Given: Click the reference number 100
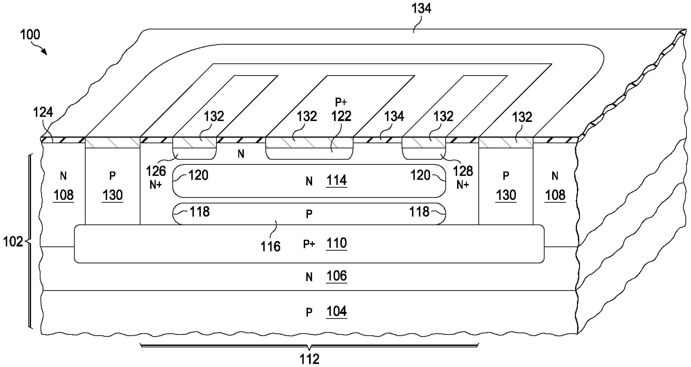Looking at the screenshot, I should coord(30,35).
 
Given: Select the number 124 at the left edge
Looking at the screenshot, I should coord(43,112).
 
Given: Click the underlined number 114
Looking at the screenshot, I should coord(337,180).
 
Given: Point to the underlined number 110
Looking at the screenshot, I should coord(337,243).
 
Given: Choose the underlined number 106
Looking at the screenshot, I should coord(337,276).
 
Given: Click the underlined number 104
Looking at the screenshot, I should coord(337,311).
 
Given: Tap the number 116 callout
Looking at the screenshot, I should coord(270,246).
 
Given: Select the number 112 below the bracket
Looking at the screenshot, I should coord(309,359).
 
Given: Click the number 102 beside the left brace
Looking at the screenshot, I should coord(13,242).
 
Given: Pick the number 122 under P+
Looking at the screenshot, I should coord(341,116).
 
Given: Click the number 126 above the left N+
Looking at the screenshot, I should coord(156,171).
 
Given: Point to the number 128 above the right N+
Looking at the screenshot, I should coord(463,171).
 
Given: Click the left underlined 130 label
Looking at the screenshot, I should coord(113,195).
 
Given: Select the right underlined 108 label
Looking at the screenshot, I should coord(555,195).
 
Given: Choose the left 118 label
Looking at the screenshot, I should coord(200,212).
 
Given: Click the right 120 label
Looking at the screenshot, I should coord(420,175).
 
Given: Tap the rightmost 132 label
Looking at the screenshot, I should coord(522,117).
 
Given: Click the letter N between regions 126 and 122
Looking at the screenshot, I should coord(241,154).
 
